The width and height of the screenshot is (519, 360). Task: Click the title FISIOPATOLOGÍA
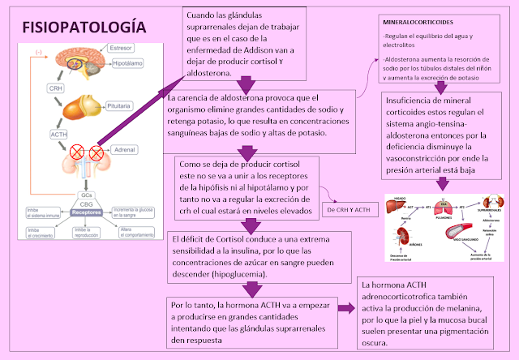point(85,27)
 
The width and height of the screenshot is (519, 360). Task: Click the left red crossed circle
point(76,152)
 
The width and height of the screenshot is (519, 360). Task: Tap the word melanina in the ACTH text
point(461,309)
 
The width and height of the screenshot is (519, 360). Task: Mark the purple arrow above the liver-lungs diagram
point(441,182)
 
